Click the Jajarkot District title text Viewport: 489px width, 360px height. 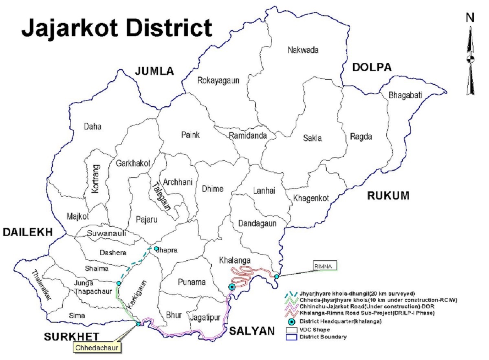click(x=117, y=28)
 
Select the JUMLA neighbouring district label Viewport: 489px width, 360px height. click(x=154, y=71)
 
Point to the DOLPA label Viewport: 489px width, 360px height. click(x=372, y=67)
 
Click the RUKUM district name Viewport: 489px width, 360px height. click(x=388, y=196)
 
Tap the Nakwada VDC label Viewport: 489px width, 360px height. click(x=303, y=50)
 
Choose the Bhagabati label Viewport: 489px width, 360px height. click(x=405, y=95)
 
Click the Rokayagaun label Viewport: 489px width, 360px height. click(x=218, y=81)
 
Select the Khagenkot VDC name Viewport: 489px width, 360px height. click(x=311, y=198)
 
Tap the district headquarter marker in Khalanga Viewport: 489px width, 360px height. click(x=232, y=287)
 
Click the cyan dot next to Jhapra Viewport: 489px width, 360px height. click(x=156, y=248)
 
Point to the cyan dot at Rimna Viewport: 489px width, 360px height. click(x=277, y=277)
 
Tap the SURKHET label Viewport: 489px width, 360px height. click(x=72, y=336)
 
